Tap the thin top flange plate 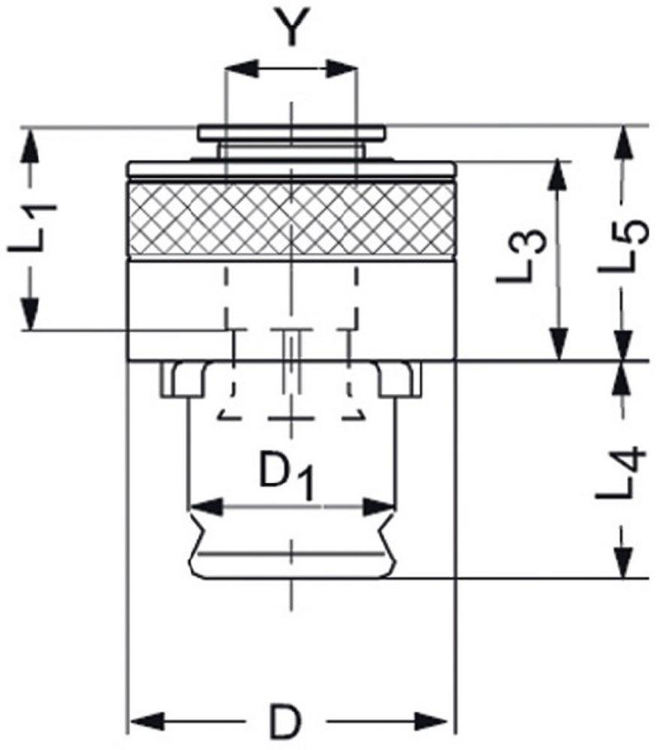pyautogui.click(x=291, y=133)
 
